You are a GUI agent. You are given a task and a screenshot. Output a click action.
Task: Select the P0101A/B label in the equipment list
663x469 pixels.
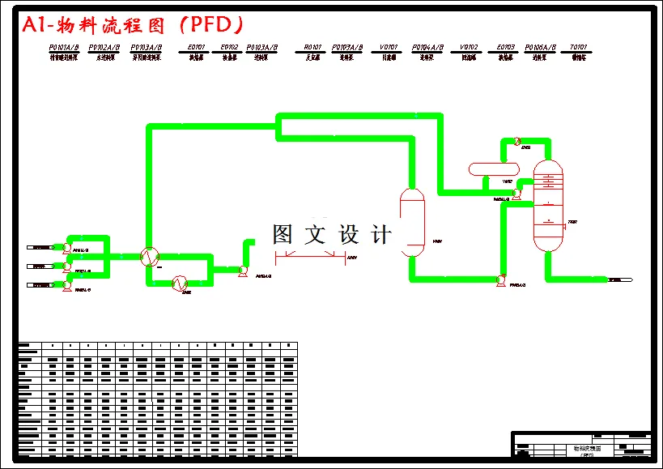click(x=65, y=48)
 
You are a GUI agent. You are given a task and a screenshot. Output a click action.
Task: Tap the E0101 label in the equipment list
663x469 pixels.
click(x=196, y=48)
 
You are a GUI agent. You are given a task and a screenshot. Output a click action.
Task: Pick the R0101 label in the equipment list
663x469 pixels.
click(x=313, y=48)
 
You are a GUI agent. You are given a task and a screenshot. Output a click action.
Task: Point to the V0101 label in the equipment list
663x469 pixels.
click(x=389, y=48)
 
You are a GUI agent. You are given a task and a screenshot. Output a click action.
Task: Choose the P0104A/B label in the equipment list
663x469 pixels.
click(x=427, y=48)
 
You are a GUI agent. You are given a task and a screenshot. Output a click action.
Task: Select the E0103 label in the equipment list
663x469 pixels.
click(x=506, y=48)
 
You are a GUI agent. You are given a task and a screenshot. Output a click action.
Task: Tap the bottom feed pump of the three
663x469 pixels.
click(x=67, y=286)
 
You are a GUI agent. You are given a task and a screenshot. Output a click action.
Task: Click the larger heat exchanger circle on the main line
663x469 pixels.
click(x=148, y=257)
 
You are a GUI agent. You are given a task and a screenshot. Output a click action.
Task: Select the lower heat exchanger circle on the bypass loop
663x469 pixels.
click(x=180, y=282)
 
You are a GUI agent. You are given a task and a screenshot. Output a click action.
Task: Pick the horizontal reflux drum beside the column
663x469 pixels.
click(x=493, y=169)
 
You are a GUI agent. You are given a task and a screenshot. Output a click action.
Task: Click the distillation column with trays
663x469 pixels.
click(x=548, y=207)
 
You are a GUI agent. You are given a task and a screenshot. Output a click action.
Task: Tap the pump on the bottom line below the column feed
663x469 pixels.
click(x=500, y=280)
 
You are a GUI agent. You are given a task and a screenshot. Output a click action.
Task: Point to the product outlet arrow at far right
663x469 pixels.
click(x=619, y=280)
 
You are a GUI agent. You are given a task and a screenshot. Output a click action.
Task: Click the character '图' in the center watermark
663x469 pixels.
click(x=283, y=235)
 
